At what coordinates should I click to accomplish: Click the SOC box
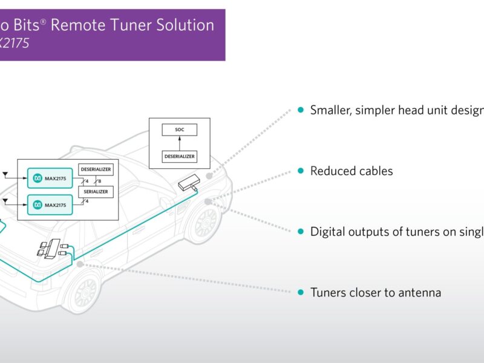pos(179,130)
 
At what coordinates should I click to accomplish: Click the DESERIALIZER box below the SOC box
pos(179,157)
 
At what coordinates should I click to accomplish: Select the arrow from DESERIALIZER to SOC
pos(179,143)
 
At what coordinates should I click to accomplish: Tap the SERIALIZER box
pos(96,191)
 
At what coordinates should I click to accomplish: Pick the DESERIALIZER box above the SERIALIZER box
pos(96,169)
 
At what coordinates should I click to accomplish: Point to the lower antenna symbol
pos(6,200)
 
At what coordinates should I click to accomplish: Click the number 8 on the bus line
pos(100,181)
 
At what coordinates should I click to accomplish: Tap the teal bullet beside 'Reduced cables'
pos(301,171)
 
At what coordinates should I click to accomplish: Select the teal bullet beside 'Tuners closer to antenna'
pos(301,293)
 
